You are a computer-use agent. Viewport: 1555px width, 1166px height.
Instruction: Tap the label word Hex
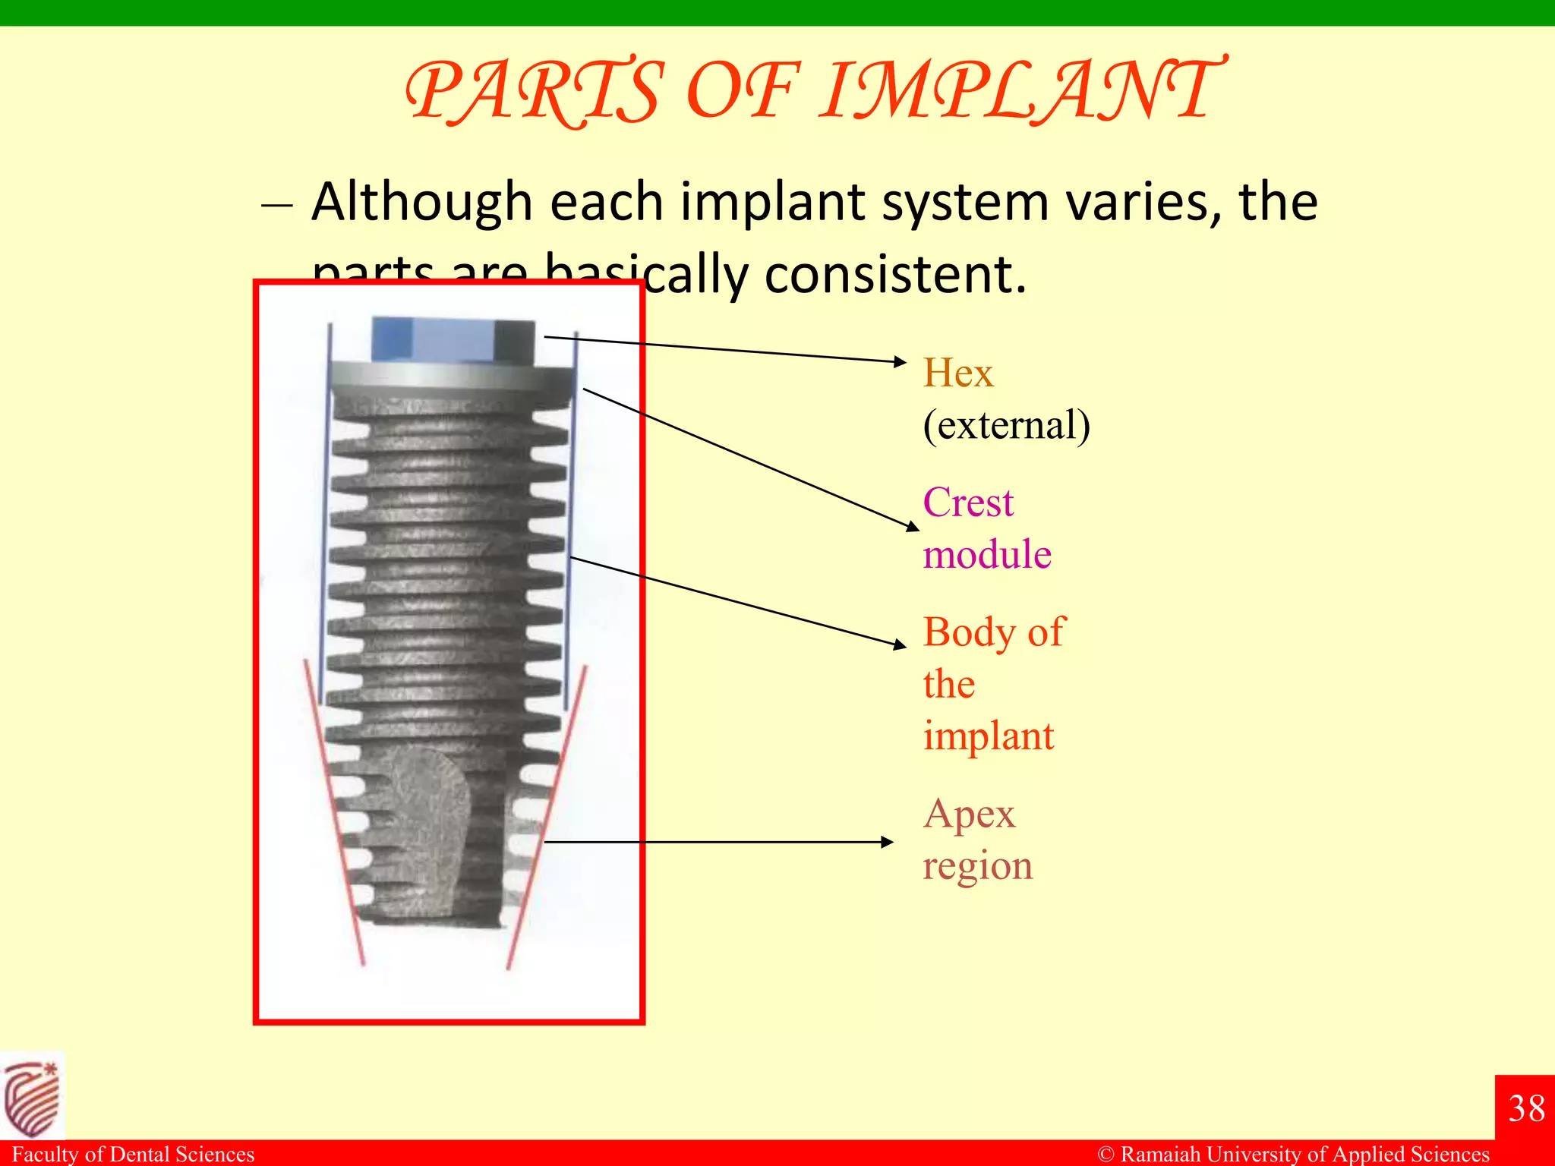click(957, 373)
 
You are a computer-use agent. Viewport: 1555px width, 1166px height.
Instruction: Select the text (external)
click(1006, 424)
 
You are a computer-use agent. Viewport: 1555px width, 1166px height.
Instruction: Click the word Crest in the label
click(968, 503)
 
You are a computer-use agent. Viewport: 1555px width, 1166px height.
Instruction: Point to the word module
click(987, 554)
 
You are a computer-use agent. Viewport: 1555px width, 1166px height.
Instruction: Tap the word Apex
click(969, 814)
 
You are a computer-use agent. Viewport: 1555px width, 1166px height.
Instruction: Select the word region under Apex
click(978, 866)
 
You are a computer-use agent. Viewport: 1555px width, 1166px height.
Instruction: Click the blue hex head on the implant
click(452, 339)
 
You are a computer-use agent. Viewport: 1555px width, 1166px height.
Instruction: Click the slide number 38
click(1526, 1108)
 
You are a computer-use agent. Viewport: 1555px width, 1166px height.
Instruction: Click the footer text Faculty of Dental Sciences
click(133, 1154)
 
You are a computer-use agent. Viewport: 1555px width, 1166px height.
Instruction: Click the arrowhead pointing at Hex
click(901, 361)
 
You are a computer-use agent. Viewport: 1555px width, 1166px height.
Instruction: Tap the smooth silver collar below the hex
click(452, 377)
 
